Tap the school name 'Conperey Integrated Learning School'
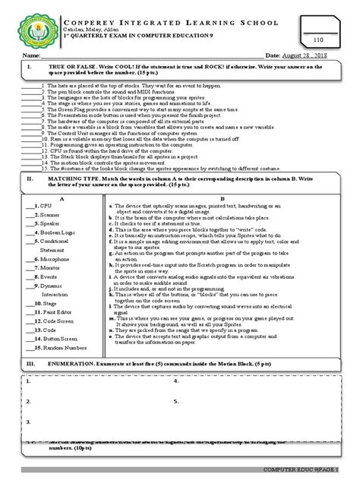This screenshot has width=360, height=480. click(179, 13)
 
